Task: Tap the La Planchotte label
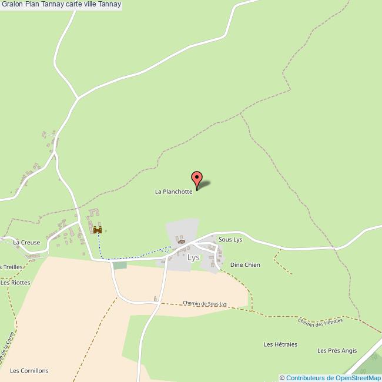173,192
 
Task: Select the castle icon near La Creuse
98,230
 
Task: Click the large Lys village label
193,257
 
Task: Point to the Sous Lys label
230,240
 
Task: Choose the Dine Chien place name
245,265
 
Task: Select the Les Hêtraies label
280,344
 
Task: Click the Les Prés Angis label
337,351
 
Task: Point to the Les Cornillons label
29,371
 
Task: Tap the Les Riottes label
15,283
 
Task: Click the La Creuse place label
26,242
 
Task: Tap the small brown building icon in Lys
181,241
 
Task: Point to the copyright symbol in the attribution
282,378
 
